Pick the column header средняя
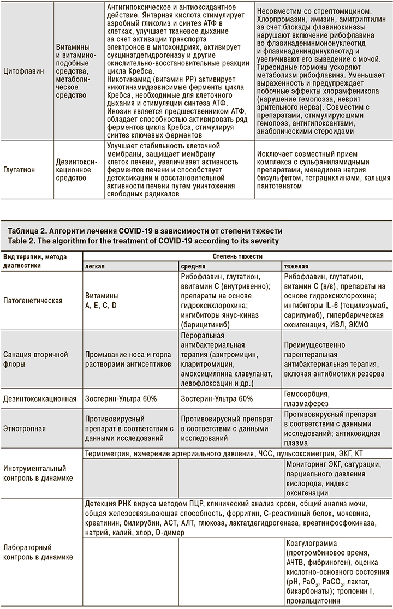point(193,265)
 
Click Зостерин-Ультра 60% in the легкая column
point(121,399)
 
